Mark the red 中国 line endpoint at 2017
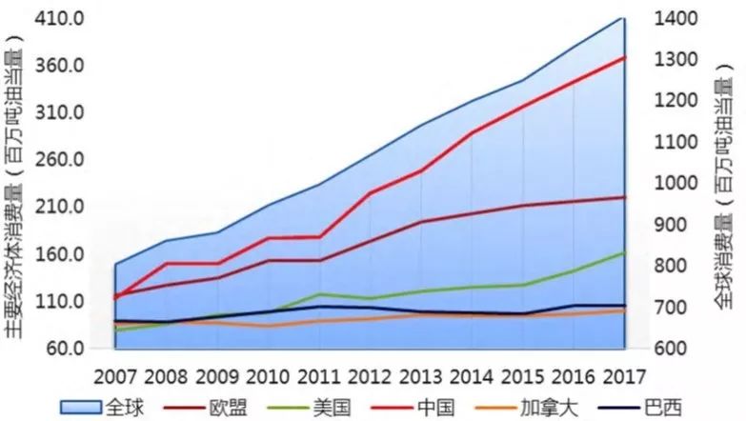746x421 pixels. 624,57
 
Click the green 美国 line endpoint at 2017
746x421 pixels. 624,252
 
